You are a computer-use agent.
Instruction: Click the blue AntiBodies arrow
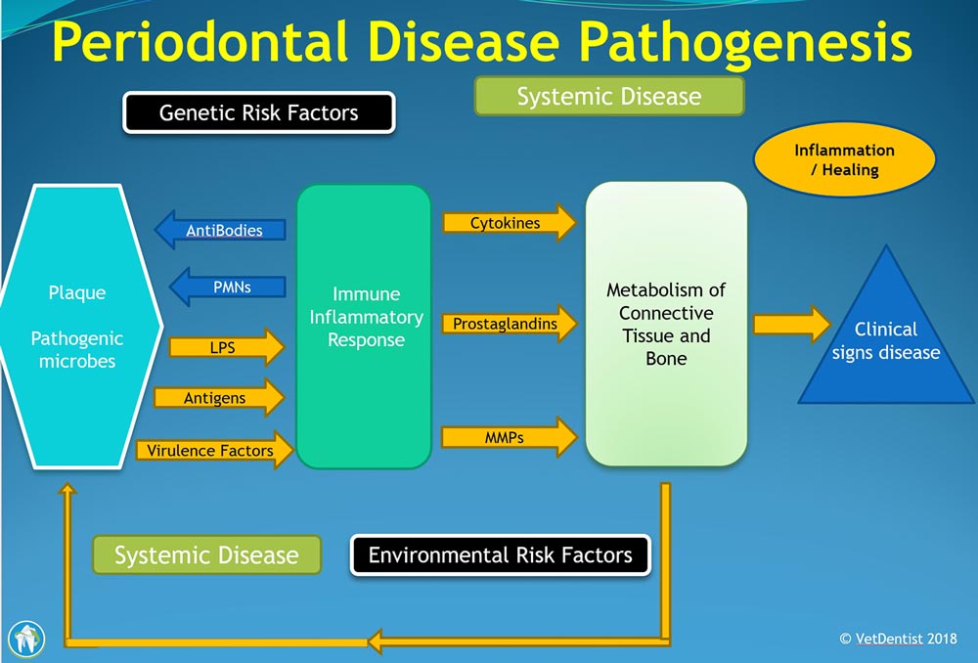click(220, 230)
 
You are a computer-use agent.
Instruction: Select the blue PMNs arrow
click(228, 287)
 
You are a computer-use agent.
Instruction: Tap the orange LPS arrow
click(227, 347)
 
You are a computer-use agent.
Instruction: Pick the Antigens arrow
click(219, 397)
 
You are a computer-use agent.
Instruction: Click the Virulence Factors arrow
click(215, 450)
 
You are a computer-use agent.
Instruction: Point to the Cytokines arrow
click(510, 223)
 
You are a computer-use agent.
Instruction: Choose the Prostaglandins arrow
click(510, 324)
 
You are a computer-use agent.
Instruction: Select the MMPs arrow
click(510, 437)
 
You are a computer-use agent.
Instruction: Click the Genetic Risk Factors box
click(259, 112)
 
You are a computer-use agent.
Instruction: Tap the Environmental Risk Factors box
click(500, 555)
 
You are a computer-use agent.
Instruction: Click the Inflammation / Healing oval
click(845, 159)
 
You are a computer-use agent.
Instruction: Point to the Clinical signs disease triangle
click(886, 340)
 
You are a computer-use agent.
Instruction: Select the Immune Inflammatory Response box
click(364, 326)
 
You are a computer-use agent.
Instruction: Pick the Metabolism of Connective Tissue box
click(666, 324)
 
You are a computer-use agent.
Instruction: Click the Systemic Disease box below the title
click(609, 96)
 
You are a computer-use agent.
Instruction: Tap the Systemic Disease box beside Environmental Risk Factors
click(206, 554)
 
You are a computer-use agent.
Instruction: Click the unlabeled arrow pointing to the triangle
click(792, 325)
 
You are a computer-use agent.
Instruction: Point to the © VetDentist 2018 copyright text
click(898, 639)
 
